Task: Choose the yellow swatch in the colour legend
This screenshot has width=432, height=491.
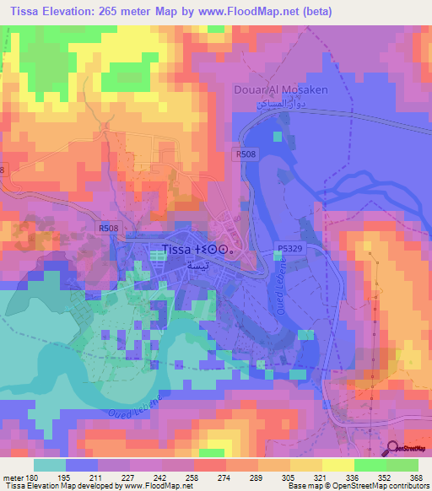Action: click(337, 465)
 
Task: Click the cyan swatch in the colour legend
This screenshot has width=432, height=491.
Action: click(50, 465)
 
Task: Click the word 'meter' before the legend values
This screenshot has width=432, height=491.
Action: click(12, 477)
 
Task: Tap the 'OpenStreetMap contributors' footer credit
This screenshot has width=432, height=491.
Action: click(375, 486)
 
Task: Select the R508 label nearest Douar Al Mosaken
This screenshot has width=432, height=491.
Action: click(245, 154)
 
